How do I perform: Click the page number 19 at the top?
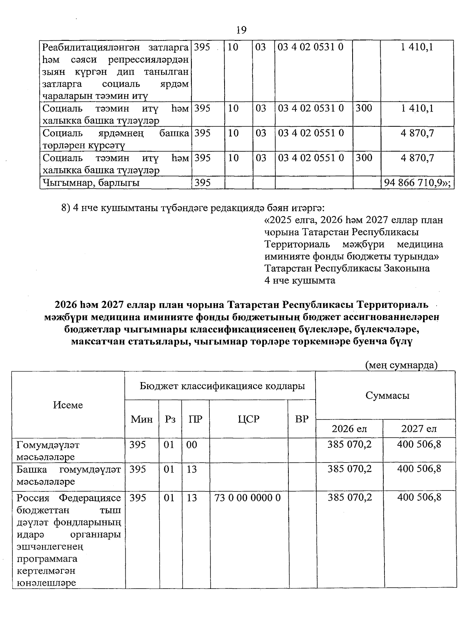(x=241, y=30)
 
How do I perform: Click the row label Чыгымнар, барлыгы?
(x=91, y=183)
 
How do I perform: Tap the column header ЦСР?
(x=249, y=419)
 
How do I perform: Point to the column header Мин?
(x=142, y=419)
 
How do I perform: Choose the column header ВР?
(x=302, y=419)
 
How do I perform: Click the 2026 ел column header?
(x=349, y=428)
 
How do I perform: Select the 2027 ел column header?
(x=419, y=428)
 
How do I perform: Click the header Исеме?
(x=68, y=405)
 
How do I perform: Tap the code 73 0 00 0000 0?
(x=248, y=498)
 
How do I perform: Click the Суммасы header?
(x=387, y=396)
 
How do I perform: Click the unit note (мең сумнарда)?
(x=401, y=365)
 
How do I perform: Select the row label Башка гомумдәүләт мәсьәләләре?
(x=68, y=475)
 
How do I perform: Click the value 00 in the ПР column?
(x=192, y=445)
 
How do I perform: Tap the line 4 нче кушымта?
(x=300, y=280)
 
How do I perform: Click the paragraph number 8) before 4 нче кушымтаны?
(x=66, y=208)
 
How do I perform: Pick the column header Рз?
(x=170, y=419)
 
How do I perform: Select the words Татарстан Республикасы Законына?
(x=347, y=268)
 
